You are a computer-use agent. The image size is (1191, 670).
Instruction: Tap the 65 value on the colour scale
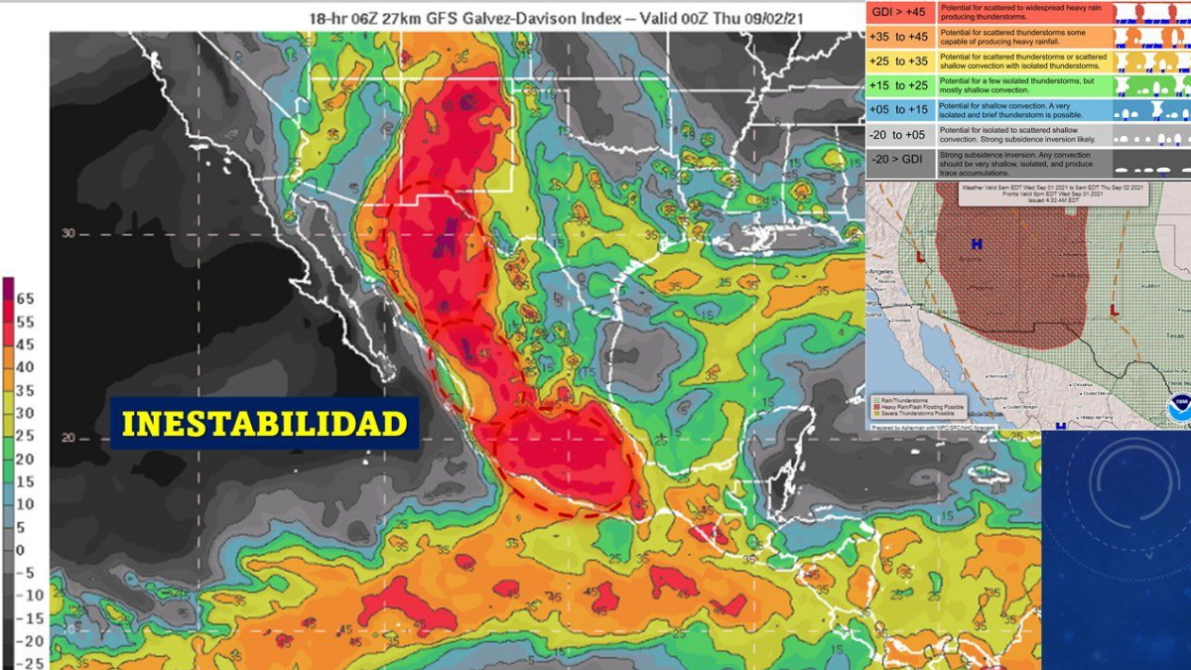(x=24, y=298)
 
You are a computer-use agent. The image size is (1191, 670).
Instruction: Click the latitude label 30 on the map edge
(x=68, y=233)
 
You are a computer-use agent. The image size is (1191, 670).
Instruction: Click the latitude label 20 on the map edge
(x=68, y=438)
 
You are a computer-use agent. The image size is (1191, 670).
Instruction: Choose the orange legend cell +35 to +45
(x=899, y=37)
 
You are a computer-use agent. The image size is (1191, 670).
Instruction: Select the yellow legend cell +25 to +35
(x=899, y=62)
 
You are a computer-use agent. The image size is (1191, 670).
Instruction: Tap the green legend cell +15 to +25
(x=899, y=85)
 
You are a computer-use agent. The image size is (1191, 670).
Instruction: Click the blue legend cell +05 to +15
(x=899, y=110)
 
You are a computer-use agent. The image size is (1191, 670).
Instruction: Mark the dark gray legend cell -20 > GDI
(x=899, y=160)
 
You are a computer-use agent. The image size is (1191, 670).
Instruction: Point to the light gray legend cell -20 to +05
(x=899, y=135)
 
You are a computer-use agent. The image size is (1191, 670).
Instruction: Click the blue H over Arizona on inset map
(x=978, y=243)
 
